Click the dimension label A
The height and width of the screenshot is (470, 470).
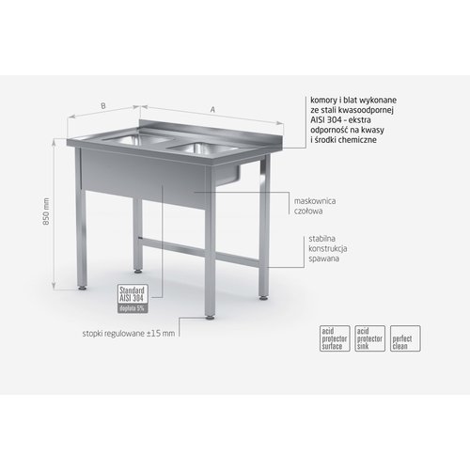point(212,111)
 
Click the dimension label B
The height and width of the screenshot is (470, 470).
point(103,106)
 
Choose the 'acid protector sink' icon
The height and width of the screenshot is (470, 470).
point(366,337)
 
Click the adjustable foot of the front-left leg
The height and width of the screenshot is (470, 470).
point(89,281)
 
